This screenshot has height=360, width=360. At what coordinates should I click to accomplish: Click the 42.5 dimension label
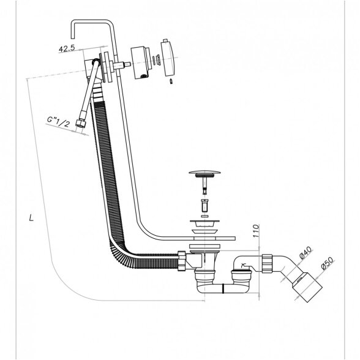click(67, 49)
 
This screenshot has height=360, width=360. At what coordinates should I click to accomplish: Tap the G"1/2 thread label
click(58, 122)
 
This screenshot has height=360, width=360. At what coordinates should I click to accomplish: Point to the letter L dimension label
click(31, 217)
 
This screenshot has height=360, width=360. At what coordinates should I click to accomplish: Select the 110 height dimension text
click(256, 231)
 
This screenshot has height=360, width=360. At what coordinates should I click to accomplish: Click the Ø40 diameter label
click(306, 252)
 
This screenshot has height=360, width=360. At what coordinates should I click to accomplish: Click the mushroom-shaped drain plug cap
click(204, 172)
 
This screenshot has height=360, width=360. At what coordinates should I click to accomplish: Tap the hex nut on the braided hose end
click(81, 124)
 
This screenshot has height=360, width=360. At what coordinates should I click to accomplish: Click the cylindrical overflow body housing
click(140, 63)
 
